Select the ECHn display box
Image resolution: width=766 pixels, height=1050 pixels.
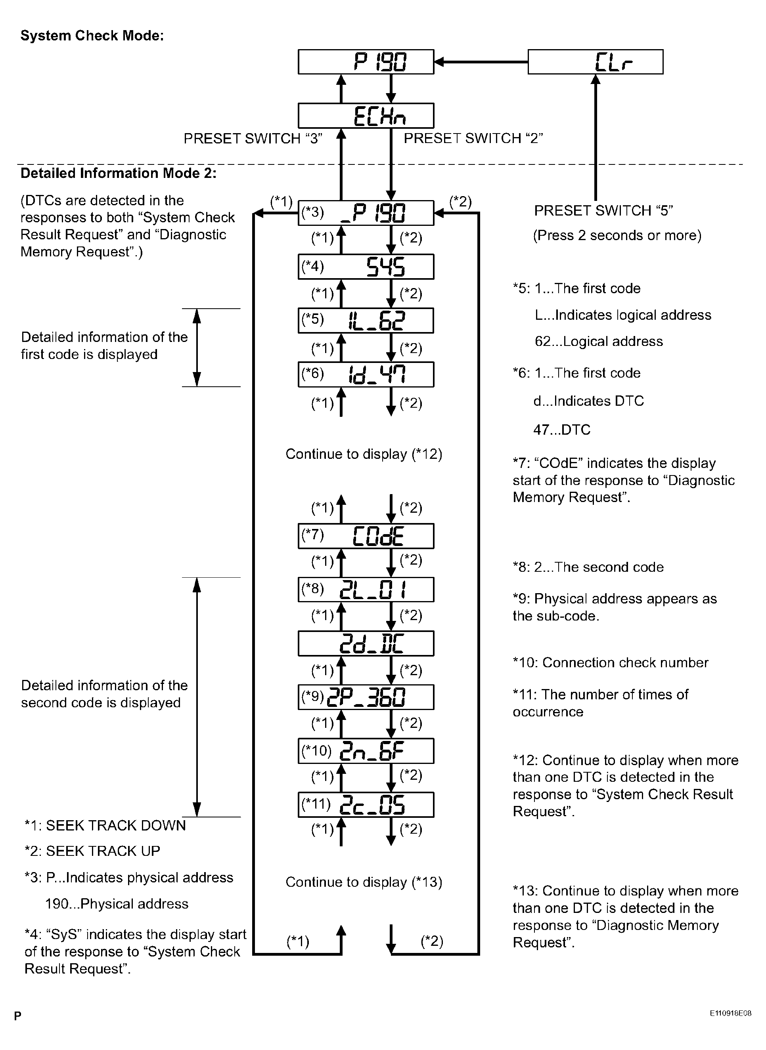tap(366, 115)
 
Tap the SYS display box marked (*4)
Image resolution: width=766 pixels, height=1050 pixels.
tap(366, 266)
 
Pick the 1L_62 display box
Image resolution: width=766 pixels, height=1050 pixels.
tap(366, 320)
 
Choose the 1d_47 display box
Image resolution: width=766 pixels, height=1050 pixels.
tap(366, 374)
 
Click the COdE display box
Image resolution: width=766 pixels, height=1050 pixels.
tap(366, 536)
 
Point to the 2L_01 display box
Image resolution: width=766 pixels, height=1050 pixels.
tap(366, 590)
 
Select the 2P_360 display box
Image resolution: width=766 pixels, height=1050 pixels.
tap(366, 697)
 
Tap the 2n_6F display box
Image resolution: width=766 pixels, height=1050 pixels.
tap(366, 751)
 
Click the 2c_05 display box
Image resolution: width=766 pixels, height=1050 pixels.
tap(366, 804)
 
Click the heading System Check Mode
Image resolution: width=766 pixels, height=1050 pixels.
tap(92, 36)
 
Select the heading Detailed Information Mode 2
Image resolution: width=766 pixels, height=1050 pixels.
tap(118, 173)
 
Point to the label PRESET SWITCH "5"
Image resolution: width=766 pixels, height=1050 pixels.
tap(603, 211)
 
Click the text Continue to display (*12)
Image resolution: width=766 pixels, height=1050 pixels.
tap(364, 454)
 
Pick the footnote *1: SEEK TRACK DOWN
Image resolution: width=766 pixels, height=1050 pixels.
tap(105, 825)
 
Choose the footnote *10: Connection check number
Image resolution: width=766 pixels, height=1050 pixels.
tap(610, 662)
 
